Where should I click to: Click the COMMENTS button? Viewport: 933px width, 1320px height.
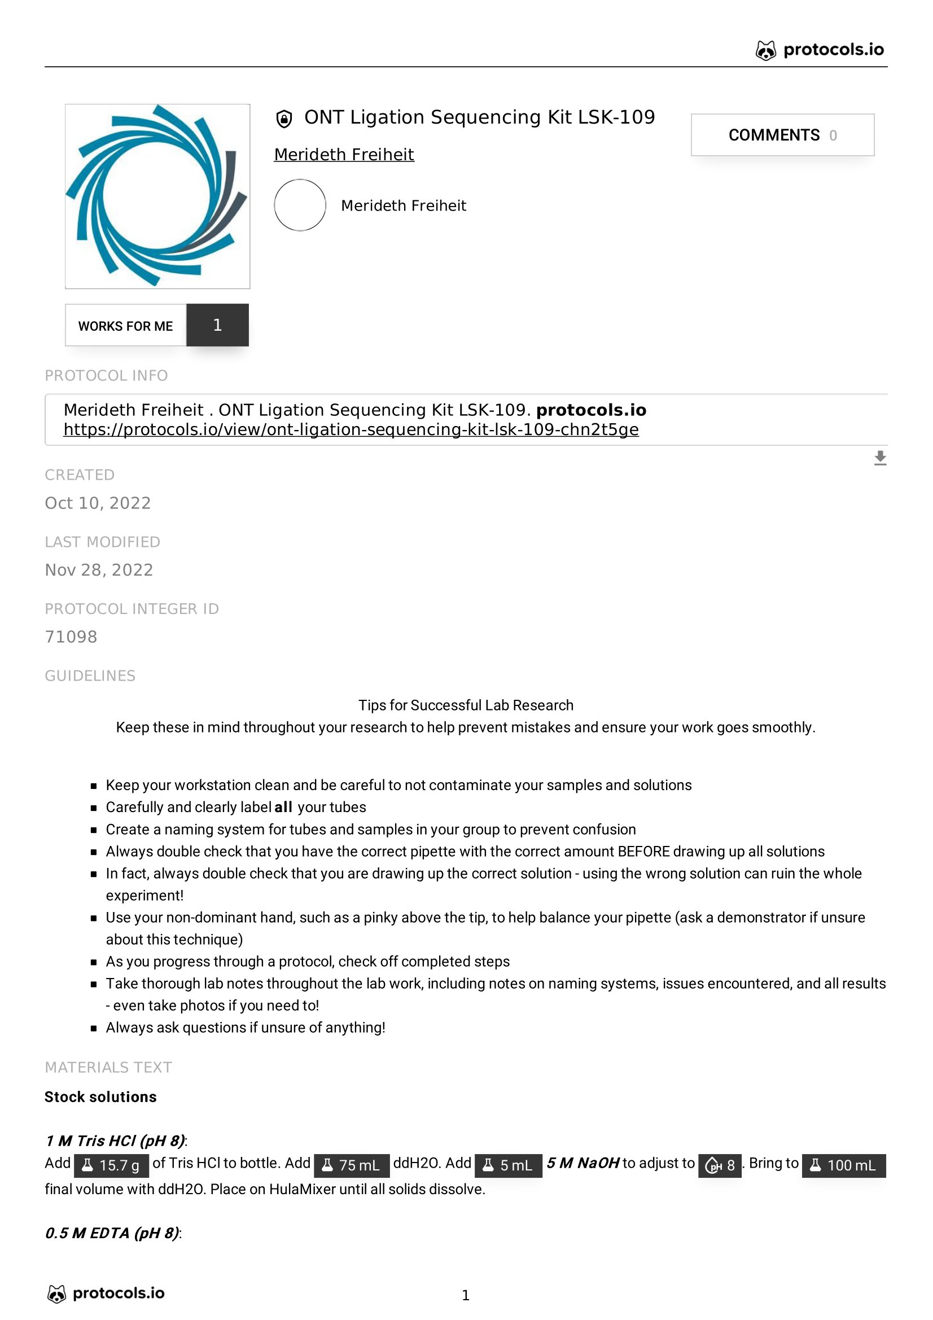(782, 135)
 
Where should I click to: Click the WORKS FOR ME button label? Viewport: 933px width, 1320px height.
(125, 326)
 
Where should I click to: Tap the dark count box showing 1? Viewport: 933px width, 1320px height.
(217, 326)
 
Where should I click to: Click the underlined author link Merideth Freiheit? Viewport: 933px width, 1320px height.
(344, 155)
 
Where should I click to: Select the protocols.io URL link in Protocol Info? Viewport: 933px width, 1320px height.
(351, 430)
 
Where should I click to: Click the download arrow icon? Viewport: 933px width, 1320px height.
(879, 458)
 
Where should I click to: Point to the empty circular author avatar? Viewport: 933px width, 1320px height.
(300, 205)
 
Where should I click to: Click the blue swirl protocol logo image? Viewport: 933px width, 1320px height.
(157, 196)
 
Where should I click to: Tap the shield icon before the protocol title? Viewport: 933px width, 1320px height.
(284, 119)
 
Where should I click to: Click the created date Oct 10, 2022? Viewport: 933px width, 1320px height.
(98, 503)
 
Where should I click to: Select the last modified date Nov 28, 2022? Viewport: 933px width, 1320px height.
(99, 570)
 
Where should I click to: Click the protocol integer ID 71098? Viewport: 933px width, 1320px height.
(71, 637)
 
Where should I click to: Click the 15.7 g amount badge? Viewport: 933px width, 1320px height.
(112, 1165)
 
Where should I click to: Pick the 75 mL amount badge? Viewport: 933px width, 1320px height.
(351, 1165)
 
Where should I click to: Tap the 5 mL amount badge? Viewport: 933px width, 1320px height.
(508, 1165)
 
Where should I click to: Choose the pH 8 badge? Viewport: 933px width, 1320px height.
(719, 1165)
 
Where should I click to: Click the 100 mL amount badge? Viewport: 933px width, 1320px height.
(843, 1165)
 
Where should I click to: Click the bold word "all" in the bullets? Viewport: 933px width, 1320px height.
(283, 807)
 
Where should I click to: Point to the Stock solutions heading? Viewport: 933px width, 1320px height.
(100, 1097)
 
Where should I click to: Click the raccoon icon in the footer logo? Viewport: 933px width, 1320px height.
(56, 1293)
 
